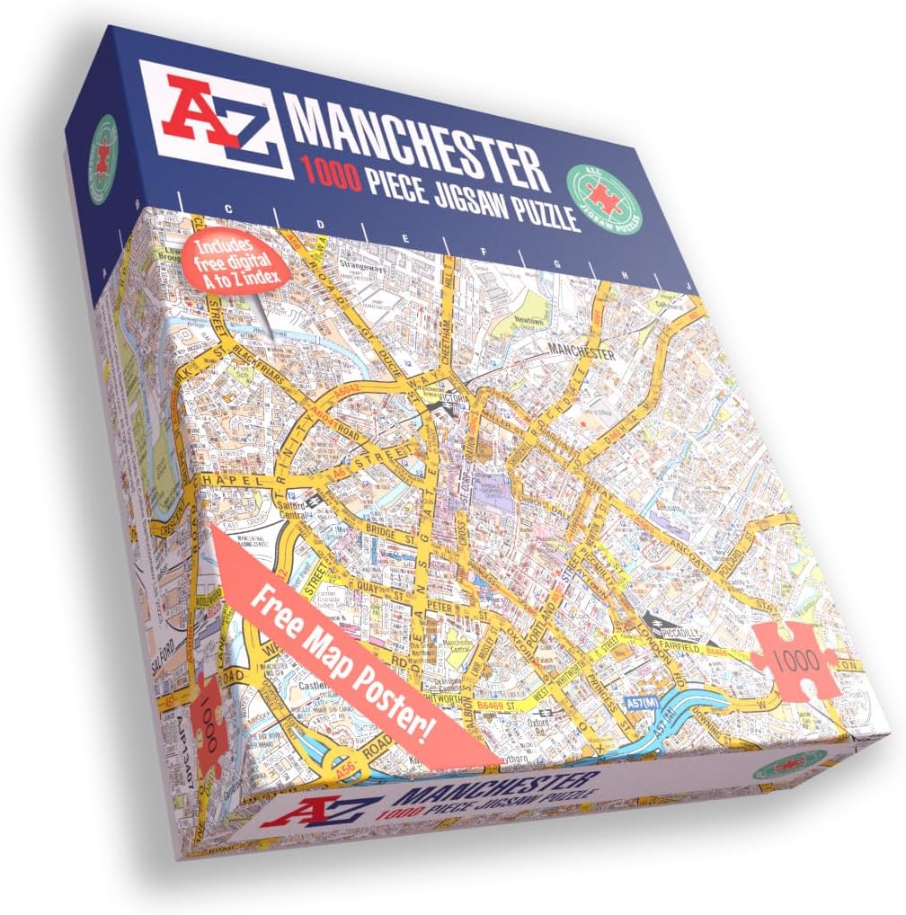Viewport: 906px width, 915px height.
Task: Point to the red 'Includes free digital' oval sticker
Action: pyautogui.click(x=235, y=261)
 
